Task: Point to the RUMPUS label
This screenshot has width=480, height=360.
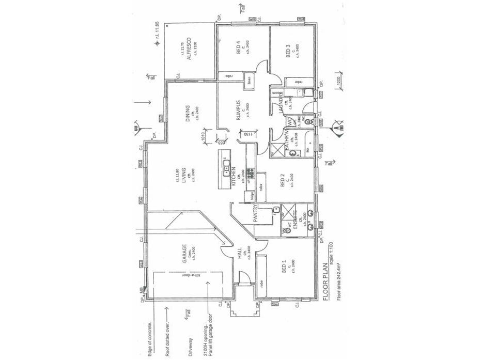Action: (x=239, y=110)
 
